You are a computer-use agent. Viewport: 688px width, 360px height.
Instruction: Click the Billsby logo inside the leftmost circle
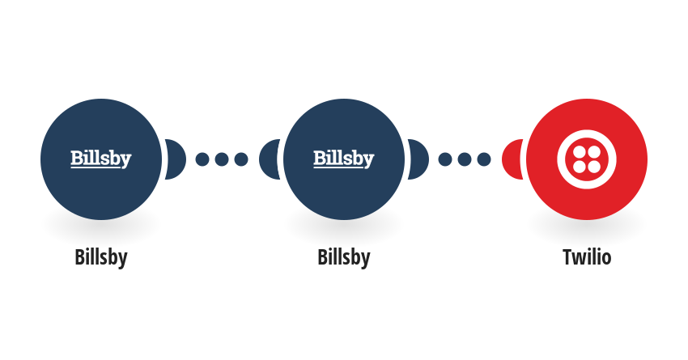tap(101, 159)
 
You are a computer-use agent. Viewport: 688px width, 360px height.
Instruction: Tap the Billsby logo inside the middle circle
tap(343, 159)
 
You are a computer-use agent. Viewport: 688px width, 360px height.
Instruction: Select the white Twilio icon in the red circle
tap(587, 159)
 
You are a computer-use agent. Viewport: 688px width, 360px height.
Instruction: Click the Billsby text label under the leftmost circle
tap(101, 257)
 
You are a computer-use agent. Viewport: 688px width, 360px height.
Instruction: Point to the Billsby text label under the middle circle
tap(343, 257)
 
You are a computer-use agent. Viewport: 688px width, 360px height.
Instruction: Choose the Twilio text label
tap(587, 257)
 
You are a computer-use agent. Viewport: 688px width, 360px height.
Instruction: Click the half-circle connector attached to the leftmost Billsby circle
tap(176, 159)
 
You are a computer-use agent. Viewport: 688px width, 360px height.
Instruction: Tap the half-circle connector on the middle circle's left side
tap(270, 159)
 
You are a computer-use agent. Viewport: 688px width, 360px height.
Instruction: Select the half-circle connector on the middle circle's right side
tap(418, 159)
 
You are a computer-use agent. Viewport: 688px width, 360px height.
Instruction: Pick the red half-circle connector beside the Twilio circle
tap(512, 159)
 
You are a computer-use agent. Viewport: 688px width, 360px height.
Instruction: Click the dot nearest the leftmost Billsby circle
tap(202, 159)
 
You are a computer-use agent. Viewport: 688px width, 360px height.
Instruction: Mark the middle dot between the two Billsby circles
tap(222, 159)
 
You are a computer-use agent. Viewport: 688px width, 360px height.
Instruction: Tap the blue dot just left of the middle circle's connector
tap(241, 159)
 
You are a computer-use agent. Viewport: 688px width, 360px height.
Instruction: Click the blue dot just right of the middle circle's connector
tap(445, 159)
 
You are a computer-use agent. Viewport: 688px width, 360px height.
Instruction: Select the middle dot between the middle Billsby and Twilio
tap(465, 159)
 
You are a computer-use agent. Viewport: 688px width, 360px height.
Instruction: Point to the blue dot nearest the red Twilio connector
tap(484, 159)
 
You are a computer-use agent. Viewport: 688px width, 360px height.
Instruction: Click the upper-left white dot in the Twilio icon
tap(580, 152)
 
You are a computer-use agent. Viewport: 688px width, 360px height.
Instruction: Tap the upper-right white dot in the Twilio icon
tap(594, 152)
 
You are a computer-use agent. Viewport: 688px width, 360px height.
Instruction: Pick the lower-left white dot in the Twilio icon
tap(580, 167)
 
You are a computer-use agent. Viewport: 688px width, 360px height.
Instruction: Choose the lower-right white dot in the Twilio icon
tap(594, 167)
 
